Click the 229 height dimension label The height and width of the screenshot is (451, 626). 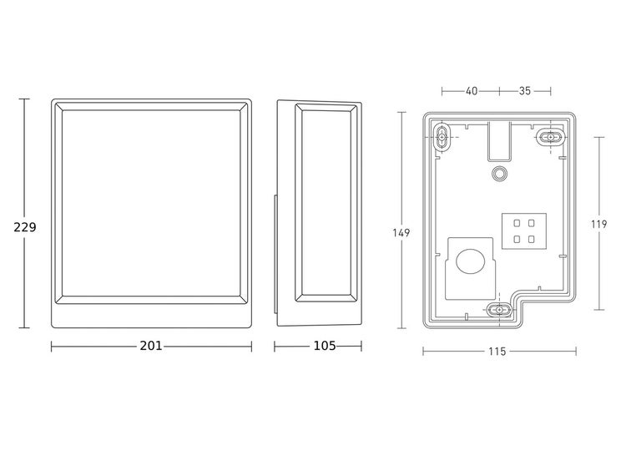tap(24, 227)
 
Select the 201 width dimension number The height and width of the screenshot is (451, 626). tap(151, 345)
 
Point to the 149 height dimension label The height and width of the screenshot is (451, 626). tap(401, 233)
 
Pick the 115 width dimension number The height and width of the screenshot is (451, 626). tap(496, 352)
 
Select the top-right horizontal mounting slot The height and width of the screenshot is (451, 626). tap(550, 135)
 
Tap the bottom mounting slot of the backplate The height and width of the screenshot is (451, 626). tap(498, 310)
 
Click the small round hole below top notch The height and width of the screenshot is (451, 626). tap(499, 173)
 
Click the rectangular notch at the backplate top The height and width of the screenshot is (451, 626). tap(499, 139)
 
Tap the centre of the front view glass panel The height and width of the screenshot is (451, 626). tap(151, 203)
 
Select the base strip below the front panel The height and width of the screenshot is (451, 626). tap(151, 317)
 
